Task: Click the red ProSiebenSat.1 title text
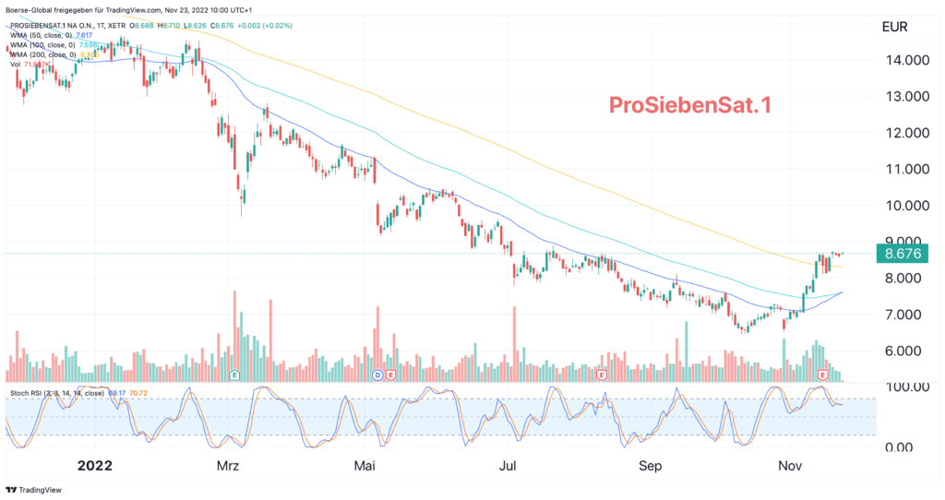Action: [688, 105]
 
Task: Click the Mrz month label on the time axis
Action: [227, 466]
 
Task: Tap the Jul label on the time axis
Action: [508, 466]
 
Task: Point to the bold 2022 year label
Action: [96, 466]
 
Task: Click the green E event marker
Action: [234, 375]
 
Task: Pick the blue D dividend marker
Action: [377, 375]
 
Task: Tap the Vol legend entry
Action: [17, 65]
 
